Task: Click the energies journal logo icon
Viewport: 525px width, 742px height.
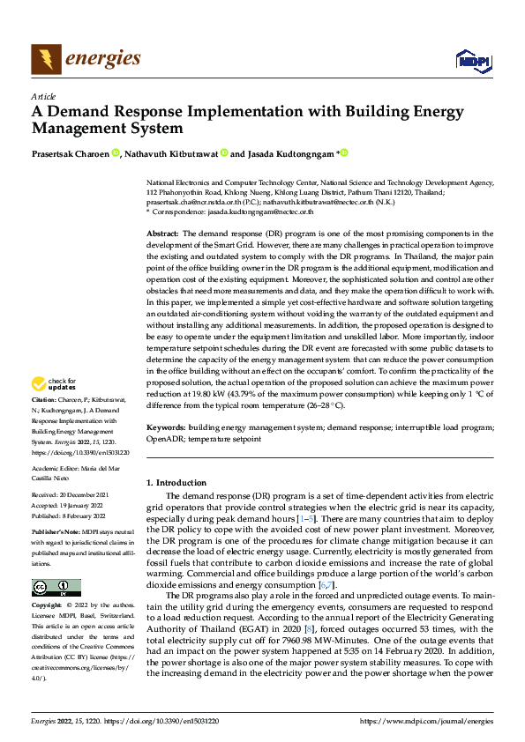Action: point(46,60)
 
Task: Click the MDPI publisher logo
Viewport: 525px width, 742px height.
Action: point(471,61)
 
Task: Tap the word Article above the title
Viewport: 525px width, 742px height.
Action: point(43,96)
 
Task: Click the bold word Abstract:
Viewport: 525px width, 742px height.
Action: point(162,233)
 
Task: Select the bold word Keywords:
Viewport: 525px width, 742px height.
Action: point(165,427)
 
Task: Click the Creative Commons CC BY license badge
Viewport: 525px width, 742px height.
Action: point(56,588)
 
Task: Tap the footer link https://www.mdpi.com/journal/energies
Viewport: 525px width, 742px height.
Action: point(426,720)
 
